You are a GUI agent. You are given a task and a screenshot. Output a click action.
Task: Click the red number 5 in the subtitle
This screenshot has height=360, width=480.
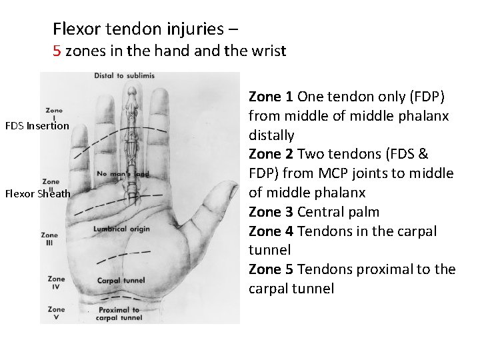(57, 51)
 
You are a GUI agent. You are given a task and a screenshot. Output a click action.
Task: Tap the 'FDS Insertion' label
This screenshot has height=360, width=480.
(37, 125)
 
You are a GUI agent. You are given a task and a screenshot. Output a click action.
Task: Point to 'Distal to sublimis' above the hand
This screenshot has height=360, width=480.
(125, 76)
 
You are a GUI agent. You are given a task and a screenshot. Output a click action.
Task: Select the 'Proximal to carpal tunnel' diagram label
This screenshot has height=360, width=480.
(119, 313)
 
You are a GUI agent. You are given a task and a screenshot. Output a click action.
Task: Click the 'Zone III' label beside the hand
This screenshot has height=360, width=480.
(49, 239)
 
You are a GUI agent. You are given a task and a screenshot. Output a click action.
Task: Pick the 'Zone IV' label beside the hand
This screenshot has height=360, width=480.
(57, 283)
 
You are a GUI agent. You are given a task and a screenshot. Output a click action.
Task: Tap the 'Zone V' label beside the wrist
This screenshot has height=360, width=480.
(57, 313)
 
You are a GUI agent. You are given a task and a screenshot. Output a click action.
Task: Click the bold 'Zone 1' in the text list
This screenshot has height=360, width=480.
(270, 97)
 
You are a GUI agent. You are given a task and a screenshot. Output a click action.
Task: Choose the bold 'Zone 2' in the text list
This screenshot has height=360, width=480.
(270, 155)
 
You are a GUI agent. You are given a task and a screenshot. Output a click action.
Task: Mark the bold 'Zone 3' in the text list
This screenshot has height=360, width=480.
(270, 213)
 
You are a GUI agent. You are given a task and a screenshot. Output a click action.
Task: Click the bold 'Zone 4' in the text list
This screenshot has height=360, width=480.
(270, 232)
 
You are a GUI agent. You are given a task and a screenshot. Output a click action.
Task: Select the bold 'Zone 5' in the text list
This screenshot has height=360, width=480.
(270, 270)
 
